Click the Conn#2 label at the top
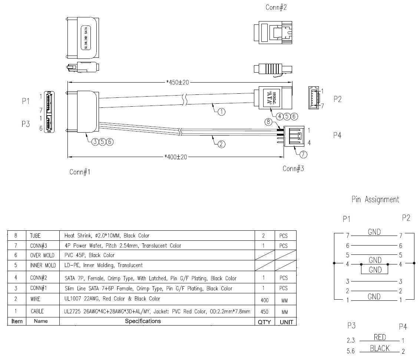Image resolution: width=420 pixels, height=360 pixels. coord(276,7)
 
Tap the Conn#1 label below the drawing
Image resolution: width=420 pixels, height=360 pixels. coord(80,172)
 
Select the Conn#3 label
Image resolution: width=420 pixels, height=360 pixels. coord(293,169)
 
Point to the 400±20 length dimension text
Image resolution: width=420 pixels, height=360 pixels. coord(176,157)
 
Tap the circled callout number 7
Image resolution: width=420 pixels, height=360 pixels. coord(303,155)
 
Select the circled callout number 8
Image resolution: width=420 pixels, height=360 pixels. coord(268,121)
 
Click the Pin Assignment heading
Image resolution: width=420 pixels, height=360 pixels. coord(375,200)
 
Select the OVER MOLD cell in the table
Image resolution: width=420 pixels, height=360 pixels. coord(42,255)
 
